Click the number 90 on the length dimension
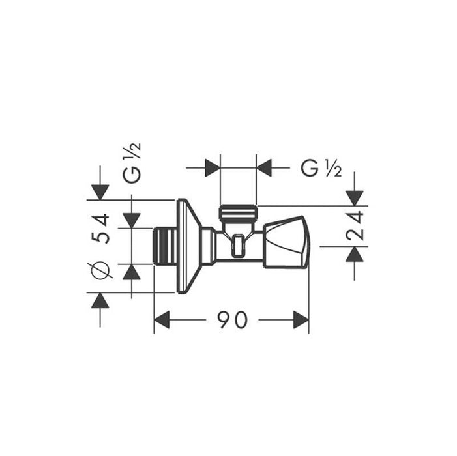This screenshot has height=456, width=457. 233,320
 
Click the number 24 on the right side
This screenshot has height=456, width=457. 356,225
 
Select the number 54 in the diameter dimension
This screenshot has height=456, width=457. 101,228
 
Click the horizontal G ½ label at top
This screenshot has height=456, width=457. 321,168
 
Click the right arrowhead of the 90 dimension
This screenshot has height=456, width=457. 301,320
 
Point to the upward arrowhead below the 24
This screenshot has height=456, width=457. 354,254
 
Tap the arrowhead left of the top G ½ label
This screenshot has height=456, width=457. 264,168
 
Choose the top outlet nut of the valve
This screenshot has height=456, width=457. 238,213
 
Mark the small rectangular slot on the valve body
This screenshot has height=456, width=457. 239,246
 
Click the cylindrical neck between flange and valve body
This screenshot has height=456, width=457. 208,246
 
